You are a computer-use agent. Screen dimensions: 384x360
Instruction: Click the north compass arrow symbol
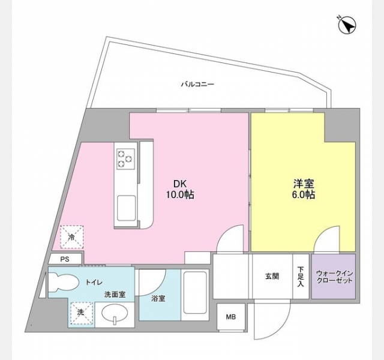coord(347,25)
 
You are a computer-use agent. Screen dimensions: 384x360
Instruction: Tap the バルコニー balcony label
coord(197,85)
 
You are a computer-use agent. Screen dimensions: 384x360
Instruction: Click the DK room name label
coord(180,184)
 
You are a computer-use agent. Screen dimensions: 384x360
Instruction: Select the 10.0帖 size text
coord(181,195)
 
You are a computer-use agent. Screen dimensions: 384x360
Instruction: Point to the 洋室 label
coord(304,184)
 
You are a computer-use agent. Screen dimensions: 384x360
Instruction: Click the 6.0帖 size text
coord(303,195)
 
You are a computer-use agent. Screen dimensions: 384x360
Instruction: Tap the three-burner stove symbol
coord(125,159)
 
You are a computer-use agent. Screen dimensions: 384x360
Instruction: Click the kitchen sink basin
coord(126,208)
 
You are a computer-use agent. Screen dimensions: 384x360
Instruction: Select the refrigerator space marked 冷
coord(72,237)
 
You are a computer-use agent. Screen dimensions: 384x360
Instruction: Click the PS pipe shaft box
coord(65,259)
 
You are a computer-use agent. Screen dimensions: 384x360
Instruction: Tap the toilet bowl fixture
coord(64,282)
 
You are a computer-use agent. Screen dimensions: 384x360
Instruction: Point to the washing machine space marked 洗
coord(82,313)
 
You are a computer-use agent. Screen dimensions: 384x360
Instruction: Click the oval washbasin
coord(115,314)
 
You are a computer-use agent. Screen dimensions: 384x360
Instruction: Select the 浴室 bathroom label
coord(158,299)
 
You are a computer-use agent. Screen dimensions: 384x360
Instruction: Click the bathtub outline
coord(195,293)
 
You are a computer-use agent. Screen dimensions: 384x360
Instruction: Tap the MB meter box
coord(231,317)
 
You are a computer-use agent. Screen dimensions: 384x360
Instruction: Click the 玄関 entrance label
coord(272,276)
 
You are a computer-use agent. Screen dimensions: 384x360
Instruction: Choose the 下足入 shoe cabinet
coord(301,276)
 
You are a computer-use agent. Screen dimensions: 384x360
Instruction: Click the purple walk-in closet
coord(334,276)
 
